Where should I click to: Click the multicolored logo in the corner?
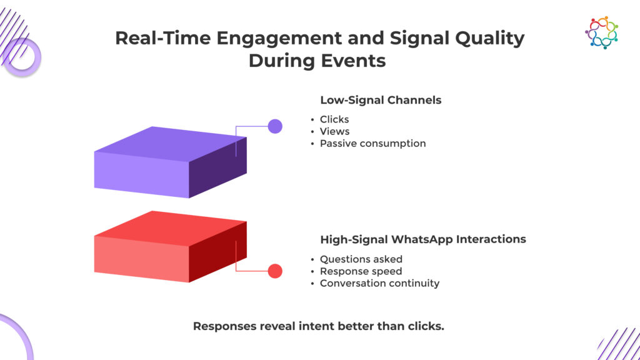(602, 32)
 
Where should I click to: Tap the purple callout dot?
(275, 126)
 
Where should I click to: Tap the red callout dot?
(275, 271)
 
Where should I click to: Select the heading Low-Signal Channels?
(381, 100)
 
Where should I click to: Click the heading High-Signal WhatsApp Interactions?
(423, 239)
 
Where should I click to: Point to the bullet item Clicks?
(334, 119)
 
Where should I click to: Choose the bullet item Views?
(335, 131)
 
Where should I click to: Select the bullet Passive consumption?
(372, 143)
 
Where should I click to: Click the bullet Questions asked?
(361, 259)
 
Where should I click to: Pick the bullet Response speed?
(361, 271)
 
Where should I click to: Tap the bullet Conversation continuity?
(379, 283)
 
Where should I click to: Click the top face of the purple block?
(171, 144)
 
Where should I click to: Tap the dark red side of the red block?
(218, 252)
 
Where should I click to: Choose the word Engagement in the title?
(279, 39)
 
